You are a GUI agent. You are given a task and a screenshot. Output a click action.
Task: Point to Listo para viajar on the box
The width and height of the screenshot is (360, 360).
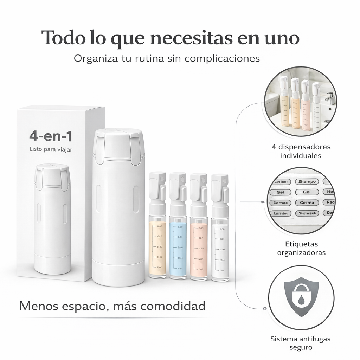51,149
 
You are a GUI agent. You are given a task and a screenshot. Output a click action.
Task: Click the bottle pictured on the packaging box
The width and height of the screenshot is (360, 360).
52,218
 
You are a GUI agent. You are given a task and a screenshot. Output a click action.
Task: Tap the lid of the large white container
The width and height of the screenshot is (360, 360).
118,144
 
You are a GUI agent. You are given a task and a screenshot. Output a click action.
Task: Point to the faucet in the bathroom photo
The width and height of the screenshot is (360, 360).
330,97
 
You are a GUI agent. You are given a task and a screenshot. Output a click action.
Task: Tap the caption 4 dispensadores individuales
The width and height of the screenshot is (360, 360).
301,151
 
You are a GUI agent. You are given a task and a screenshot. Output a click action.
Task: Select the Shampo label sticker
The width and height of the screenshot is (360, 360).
307,182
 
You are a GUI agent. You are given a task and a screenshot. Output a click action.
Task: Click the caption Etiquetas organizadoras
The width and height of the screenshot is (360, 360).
301,248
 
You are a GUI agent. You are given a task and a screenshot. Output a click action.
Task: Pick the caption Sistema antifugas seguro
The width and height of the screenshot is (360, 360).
301,343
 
